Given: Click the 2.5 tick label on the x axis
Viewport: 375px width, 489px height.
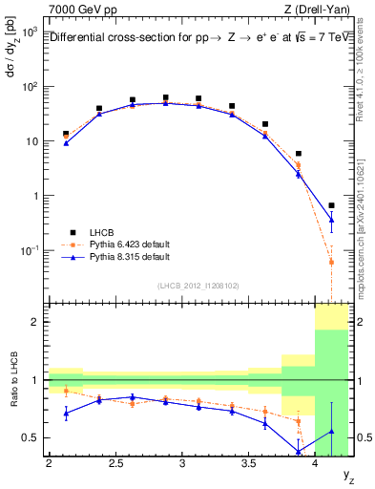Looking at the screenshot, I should tap(115, 463).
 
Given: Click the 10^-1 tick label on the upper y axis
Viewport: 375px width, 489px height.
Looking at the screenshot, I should tap(29, 250).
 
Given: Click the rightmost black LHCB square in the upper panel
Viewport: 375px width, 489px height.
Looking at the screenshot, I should tap(331, 205).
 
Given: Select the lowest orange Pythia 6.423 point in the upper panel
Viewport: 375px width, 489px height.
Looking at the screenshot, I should tap(331, 262).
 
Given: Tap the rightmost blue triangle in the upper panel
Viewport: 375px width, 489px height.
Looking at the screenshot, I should tap(331, 220).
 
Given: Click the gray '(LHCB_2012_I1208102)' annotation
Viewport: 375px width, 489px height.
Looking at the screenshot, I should tap(198, 285).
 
